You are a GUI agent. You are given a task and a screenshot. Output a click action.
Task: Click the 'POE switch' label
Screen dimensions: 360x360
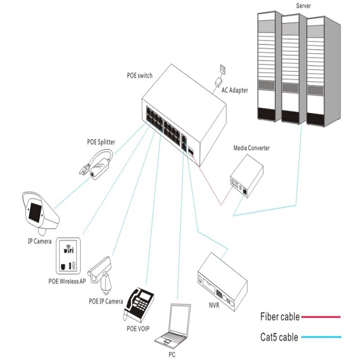coord(139,75)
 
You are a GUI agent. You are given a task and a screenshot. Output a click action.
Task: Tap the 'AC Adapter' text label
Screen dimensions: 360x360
coord(234,90)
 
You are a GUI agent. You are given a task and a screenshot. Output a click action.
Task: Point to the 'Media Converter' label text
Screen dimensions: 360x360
coord(251,148)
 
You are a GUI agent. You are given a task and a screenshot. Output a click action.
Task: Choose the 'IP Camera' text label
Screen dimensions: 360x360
coord(40,241)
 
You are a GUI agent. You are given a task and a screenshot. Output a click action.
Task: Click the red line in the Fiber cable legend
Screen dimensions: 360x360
coord(321,317)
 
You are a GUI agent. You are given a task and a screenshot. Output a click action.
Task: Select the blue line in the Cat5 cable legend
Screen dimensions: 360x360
coord(321,337)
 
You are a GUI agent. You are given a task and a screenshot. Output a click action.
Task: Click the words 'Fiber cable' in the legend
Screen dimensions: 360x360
coord(279,317)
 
